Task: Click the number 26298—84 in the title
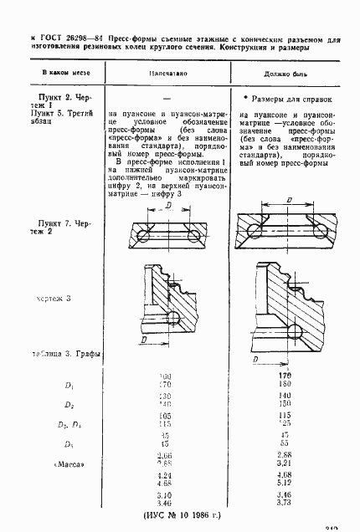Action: pyautogui.click(x=73, y=38)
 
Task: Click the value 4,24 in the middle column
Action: pyautogui.click(x=165, y=474)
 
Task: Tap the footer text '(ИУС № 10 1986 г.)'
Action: pyautogui.click(x=180, y=518)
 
